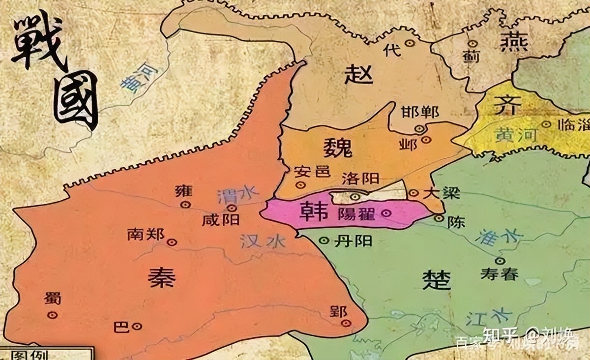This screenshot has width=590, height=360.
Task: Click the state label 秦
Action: pyautogui.click(x=161, y=278)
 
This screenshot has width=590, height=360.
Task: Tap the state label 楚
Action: pyautogui.click(x=436, y=279)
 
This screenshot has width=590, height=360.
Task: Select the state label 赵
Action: pyautogui.click(x=359, y=74)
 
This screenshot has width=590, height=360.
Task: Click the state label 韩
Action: pyautogui.click(x=314, y=211)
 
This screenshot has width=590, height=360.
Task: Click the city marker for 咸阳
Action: pyautogui.click(x=232, y=208)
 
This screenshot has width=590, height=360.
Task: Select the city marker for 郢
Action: pyautogui.click(x=347, y=323)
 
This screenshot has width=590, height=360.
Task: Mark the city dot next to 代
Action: pyautogui.click(x=409, y=43)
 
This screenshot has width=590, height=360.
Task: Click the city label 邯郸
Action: pyautogui.click(x=420, y=113)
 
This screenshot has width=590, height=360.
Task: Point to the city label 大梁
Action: pyautogui.click(x=441, y=193)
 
